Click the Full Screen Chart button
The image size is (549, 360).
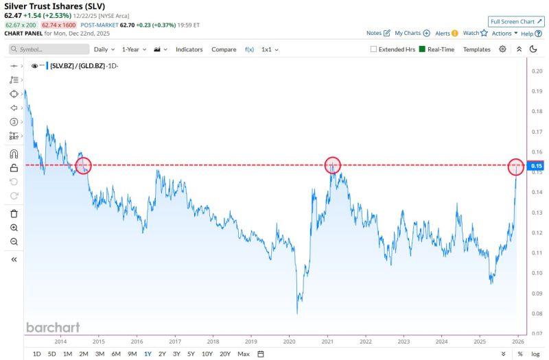tap(516, 22)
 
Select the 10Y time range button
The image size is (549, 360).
tap(207, 354)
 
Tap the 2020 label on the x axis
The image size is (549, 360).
tap(289, 340)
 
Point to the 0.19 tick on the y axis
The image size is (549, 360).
tap(537, 91)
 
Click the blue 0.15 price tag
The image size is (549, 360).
tap(537, 166)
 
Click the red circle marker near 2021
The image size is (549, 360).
tap(332, 165)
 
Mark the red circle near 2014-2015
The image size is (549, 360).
tap(82, 165)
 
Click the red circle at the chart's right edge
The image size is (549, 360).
tap(516, 166)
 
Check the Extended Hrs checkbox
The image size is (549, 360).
tap(374, 49)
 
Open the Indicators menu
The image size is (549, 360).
tap(189, 49)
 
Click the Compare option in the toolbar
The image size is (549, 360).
tap(224, 49)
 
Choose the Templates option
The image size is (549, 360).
tap(476, 49)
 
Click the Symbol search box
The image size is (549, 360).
tap(49, 49)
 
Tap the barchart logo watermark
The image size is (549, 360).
tap(53, 327)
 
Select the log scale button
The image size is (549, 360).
tap(535, 354)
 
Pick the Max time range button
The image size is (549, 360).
tap(243, 354)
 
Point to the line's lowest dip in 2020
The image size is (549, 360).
tap(298, 313)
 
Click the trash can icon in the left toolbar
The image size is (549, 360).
tap(14, 213)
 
